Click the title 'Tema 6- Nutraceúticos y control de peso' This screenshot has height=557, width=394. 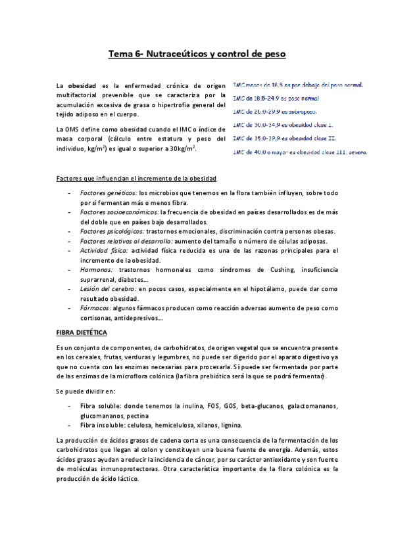(197, 55)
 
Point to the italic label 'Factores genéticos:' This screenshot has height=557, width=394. (108, 193)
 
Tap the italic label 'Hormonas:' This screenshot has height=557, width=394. (96, 269)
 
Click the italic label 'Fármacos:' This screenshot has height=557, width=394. (95, 307)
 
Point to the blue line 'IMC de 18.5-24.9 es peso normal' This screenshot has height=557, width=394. (276, 98)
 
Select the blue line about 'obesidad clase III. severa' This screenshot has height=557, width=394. (300, 152)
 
